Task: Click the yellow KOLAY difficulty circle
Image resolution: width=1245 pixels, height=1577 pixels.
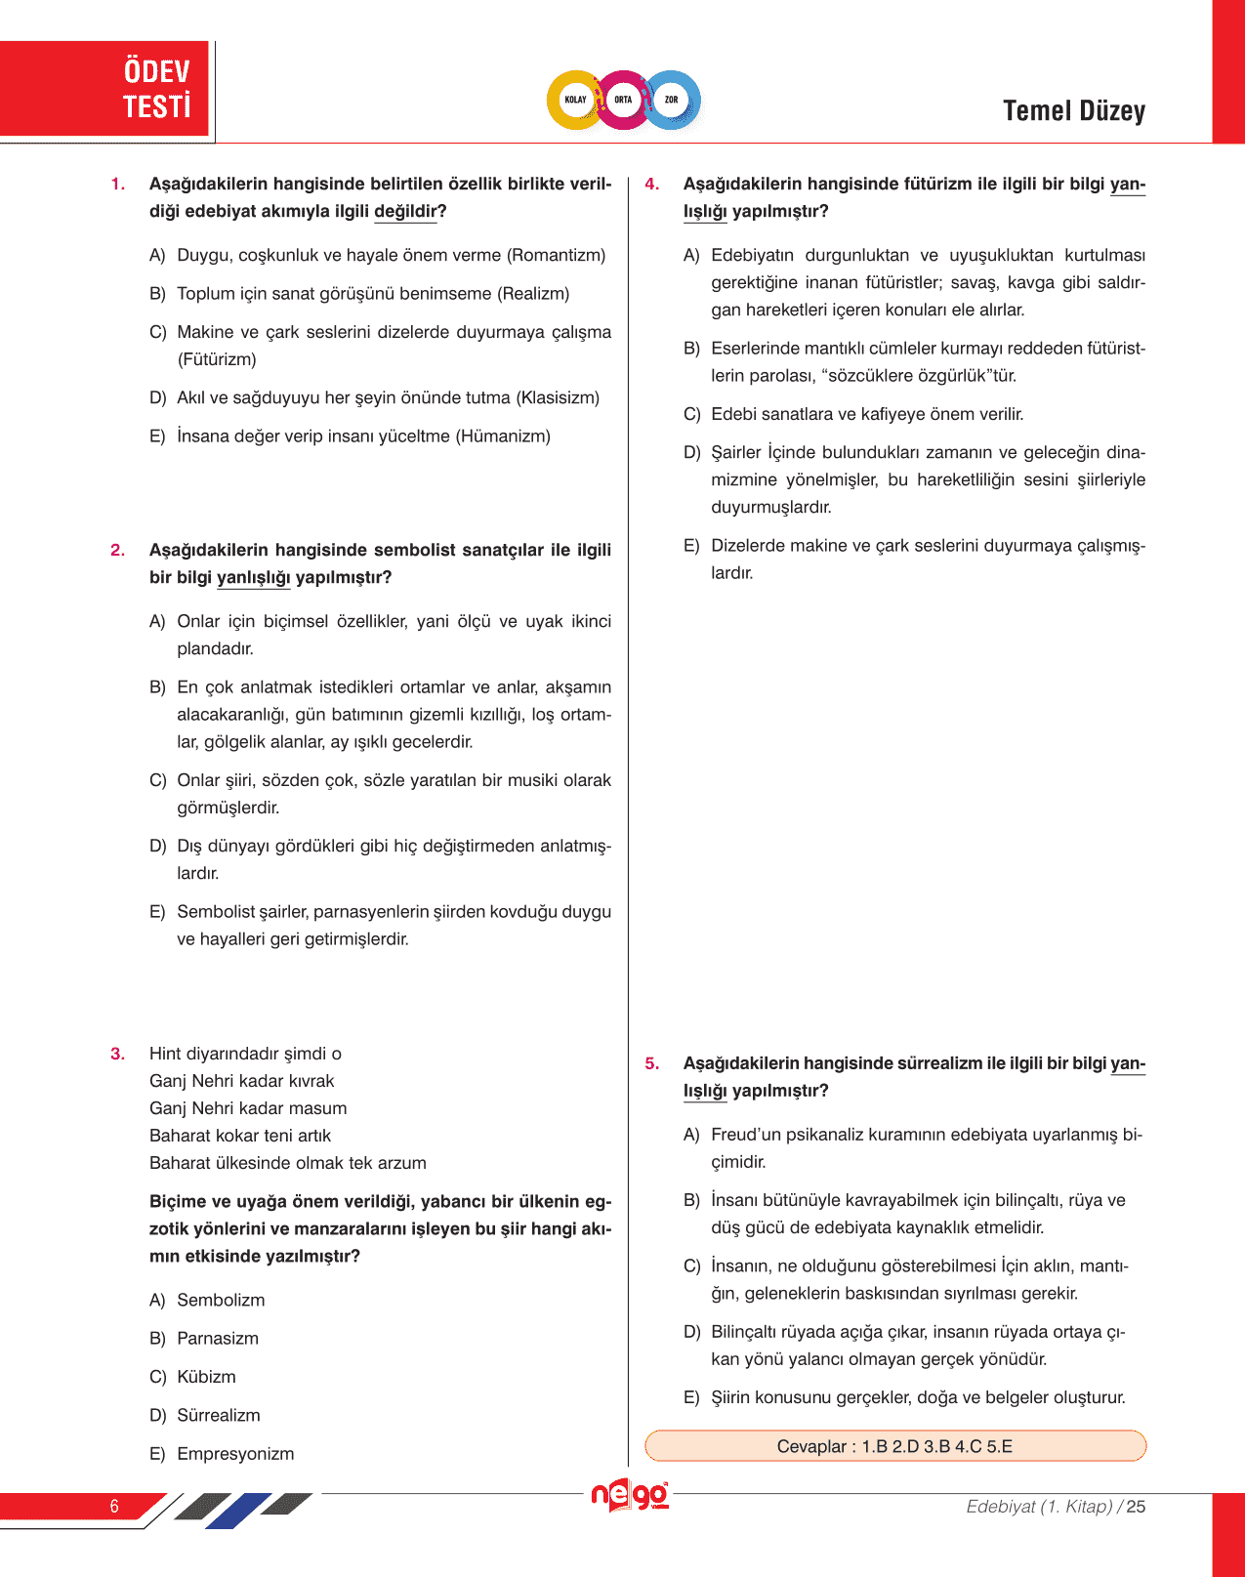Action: tap(575, 100)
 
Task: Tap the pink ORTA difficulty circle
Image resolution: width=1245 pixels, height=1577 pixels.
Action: tap(623, 100)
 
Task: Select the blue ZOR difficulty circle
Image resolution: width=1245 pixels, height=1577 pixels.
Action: tap(672, 100)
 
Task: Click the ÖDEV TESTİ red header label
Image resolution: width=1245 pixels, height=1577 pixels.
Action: tap(156, 89)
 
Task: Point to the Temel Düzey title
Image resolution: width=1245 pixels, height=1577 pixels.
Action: tap(1073, 111)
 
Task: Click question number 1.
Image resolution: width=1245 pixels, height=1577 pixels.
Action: tap(117, 185)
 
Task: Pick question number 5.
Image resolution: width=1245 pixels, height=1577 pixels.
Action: tap(651, 1064)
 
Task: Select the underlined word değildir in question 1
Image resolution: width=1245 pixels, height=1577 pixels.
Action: tap(405, 212)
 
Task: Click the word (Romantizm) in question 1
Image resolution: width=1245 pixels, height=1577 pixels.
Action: tap(556, 256)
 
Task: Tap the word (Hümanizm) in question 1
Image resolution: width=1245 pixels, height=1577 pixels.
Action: tap(503, 436)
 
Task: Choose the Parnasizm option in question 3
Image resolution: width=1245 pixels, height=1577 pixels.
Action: tap(218, 1339)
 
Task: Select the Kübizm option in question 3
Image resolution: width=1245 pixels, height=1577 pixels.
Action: tap(206, 1377)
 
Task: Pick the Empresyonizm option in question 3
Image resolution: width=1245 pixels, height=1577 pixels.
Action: tap(235, 1454)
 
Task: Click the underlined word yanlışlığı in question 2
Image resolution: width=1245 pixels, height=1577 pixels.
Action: tap(253, 578)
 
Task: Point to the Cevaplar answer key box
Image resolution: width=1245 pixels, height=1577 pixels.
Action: tap(894, 1446)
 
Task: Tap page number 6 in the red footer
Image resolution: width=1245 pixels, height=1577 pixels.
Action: tap(114, 1506)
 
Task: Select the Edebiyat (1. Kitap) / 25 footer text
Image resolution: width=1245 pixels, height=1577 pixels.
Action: tap(1055, 1507)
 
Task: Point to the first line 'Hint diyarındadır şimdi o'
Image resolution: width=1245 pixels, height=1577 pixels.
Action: tap(245, 1054)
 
